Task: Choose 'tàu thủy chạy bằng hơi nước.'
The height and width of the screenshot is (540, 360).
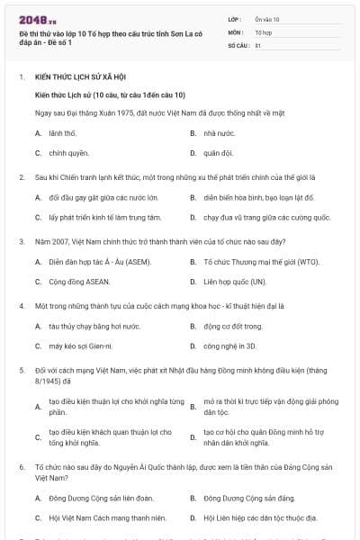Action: tap(95, 326)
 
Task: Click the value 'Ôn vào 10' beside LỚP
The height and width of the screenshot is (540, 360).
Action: tap(267, 18)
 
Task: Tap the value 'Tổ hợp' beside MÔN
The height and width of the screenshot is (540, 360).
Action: tap(263, 31)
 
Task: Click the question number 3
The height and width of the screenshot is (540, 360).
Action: tap(21, 241)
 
